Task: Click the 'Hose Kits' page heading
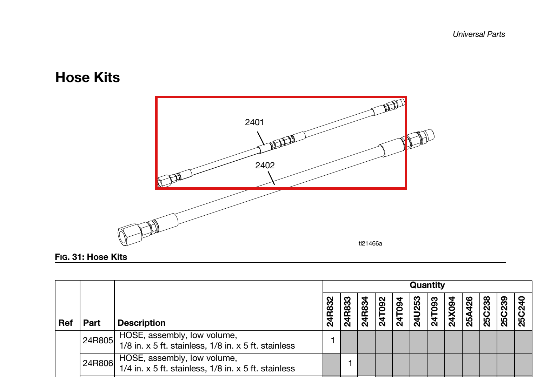tap(87, 78)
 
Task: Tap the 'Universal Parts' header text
tap(479, 34)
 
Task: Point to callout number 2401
tap(254, 122)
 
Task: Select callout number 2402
tap(265, 165)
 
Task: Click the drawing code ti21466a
tap(370, 244)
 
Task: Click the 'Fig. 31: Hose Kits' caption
tap(91, 257)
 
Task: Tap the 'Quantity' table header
tap(427, 285)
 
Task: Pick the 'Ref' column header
tap(65, 323)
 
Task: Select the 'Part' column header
tap(92, 323)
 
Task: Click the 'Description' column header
tap(141, 323)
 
